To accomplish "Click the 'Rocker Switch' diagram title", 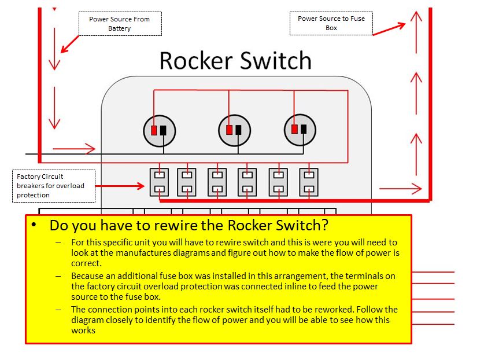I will click(235, 61).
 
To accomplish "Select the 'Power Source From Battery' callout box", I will click(120, 24).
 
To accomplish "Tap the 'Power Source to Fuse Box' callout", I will click(331, 23).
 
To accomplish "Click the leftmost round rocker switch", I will click(159, 130).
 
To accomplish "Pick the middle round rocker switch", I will click(234, 130).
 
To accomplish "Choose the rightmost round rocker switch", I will click(301, 130).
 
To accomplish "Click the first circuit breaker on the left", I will click(159, 182).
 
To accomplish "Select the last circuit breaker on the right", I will click(308, 182).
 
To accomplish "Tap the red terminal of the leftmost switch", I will click(154, 130).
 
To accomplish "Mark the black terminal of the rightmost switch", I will click(306, 130).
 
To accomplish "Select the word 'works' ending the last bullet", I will click(82, 330).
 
